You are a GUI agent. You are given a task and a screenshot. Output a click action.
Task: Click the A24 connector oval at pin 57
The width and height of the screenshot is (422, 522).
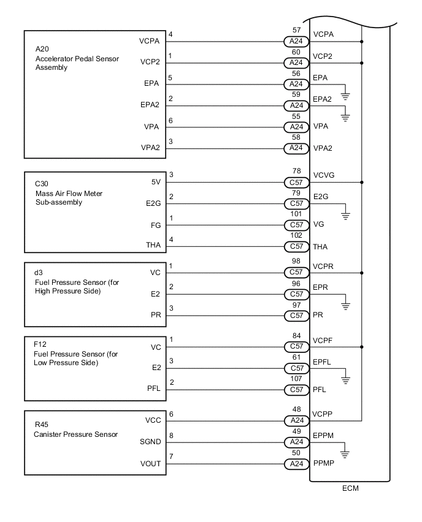click(296, 42)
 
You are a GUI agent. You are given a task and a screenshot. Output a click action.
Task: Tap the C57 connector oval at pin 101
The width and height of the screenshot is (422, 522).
click(296, 225)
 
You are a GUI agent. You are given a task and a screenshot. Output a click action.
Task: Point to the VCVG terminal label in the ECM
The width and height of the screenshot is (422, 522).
click(324, 175)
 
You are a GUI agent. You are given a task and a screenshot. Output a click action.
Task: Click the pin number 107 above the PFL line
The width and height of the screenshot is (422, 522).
click(296, 379)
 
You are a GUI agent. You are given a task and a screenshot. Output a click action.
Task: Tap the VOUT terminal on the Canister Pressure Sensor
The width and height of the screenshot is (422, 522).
click(150, 464)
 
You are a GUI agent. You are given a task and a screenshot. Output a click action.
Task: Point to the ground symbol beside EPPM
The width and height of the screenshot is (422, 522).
click(346, 455)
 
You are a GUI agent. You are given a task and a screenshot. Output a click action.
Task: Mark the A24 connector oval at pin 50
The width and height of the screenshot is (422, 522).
click(296, 464)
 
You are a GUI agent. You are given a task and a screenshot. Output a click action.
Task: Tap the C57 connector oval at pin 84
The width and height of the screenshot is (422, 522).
click(296, 347)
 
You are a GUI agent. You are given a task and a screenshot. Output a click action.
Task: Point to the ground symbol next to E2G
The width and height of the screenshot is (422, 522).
click(346, 214)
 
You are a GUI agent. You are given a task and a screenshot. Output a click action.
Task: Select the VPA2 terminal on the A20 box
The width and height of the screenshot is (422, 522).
click(150, 148)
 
